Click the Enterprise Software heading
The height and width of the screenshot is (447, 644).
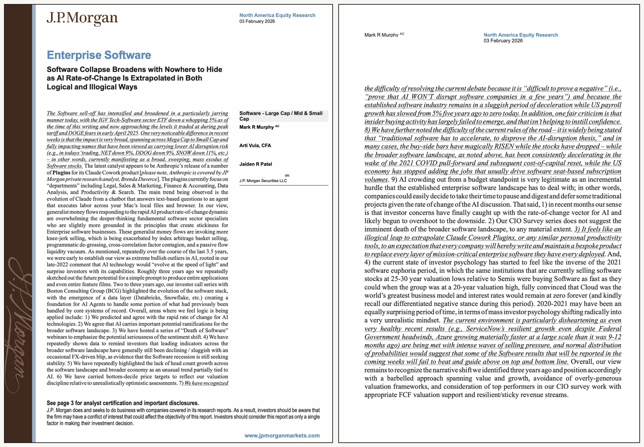point(99,55)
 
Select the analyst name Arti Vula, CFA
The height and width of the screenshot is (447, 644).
point(255,145)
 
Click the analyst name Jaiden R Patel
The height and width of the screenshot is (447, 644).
point(255,164)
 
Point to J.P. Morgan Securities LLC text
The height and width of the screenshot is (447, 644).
point(263,181)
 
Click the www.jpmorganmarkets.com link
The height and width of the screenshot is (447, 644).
point(282,435)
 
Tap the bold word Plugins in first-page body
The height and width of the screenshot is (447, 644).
point(61,173)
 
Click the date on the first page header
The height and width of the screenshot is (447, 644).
point(257,21)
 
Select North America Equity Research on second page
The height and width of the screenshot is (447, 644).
point(521,35)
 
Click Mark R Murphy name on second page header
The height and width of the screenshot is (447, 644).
point(381,35)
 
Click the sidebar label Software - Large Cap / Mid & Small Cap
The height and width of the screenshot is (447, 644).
point(281,116)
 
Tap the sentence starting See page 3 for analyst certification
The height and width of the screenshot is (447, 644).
point(122,403)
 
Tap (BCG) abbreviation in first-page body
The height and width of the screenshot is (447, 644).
point(112,291)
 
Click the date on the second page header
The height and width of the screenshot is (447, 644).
point(503,41)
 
